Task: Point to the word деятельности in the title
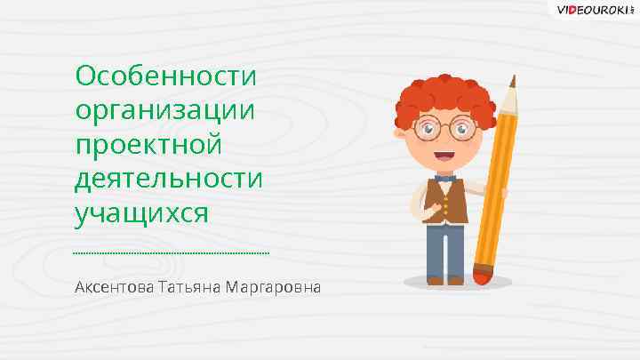tap(170, 178)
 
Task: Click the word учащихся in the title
tap(141, 213)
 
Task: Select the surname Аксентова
tap(114, 288)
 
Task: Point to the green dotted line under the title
tap(172, 254)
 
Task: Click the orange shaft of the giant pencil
tap(498, 178)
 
